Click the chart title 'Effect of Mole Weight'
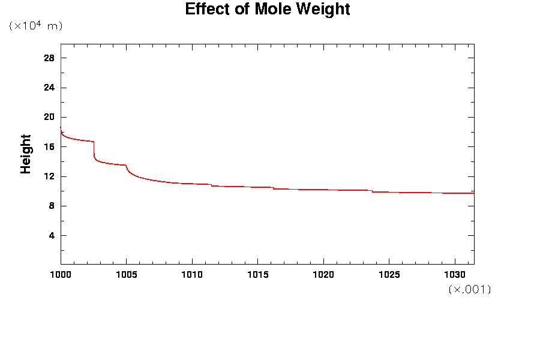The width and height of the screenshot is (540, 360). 267,10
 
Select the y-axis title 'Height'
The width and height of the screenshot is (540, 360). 26,154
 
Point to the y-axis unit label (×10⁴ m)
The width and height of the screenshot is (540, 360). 35,26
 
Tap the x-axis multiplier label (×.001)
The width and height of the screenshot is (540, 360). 470,289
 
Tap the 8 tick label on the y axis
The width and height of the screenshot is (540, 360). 52,206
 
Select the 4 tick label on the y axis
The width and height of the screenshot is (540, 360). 52,235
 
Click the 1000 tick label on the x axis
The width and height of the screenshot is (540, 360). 61,275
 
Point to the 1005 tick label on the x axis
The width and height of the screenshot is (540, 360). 126,275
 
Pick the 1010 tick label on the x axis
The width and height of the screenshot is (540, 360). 192,275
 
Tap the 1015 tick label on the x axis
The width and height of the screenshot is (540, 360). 257,275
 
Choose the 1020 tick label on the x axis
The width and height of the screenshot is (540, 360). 323,275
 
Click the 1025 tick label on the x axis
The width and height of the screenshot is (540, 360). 389,275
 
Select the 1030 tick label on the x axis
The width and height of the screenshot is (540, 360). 454,275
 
